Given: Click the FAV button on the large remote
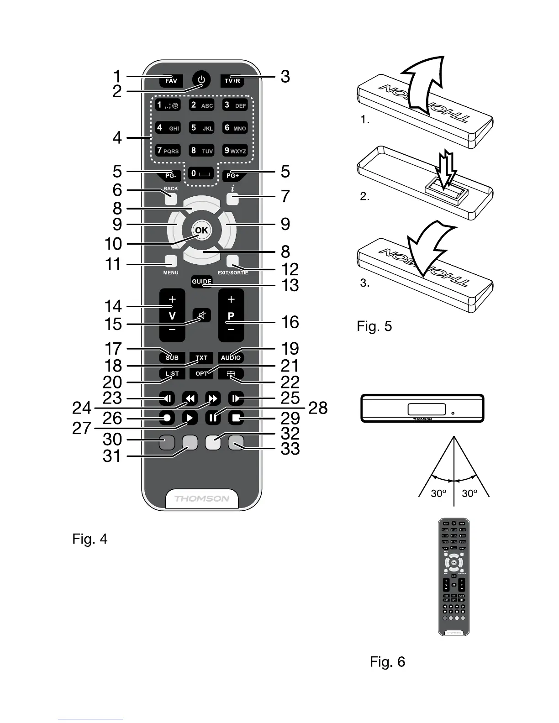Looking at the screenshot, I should pyautogui.click(x=171, y=81).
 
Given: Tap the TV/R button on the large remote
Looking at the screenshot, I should pyautogui.click(x=232, y=81).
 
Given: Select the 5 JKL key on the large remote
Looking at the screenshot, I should pyautogui.click(x=201, y=128).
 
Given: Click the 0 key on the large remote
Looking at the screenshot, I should pyautogui.click(x=201, y=173).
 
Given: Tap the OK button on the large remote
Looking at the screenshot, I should pyautogui.click(x=201, y=231).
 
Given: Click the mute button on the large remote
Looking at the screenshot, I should pyautogui.click(x=201, y=315).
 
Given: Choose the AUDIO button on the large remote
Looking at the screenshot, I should pyautogui.click(x=231, y=357).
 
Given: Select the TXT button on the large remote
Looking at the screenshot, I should pyautogui.click(x=201, y=357).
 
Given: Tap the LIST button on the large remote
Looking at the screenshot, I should pyautogui.click(x=172, y=374).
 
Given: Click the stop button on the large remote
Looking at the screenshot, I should pyautogui.click(x=236, y=418).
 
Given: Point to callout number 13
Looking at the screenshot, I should pyautogui.click(x=290, y=285).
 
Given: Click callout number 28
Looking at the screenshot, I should pyautogui.click(x=318, y=408).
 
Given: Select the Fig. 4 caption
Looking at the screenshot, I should pyautogui.click(x=90, y=539).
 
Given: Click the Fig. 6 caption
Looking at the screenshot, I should pyautogui.click(x=387, y=662).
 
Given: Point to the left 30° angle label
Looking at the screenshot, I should pyautogui.click(x=438, y=493).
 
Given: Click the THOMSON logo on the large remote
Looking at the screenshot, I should pyautogui.click(x=201, y=498).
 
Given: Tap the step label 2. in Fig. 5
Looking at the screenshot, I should pyautogui.click(x=364, y=197).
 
